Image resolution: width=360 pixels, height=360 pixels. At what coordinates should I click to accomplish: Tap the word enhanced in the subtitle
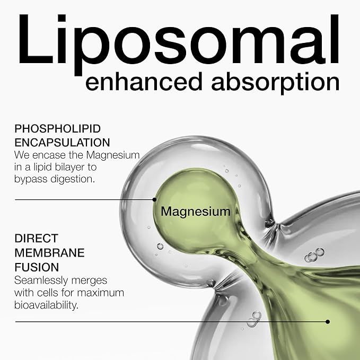pos(144,82)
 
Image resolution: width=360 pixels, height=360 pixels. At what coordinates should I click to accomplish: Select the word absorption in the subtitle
pos(275,83)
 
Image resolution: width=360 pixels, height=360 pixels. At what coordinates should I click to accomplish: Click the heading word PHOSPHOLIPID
pos(58,128)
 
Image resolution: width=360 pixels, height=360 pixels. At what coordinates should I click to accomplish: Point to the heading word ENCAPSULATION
pos(62,143)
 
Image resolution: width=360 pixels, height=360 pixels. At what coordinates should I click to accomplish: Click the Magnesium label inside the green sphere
pos(196,212)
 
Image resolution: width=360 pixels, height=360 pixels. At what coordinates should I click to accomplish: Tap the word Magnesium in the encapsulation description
pos(113,155)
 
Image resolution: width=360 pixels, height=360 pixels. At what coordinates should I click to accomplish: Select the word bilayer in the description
pos(69,167)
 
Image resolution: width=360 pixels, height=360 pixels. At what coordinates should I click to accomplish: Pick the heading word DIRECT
pos(36,238)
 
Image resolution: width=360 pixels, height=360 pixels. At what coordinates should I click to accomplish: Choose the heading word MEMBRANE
pos(50,253)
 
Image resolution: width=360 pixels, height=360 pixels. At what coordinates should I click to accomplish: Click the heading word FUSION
pos(37,267)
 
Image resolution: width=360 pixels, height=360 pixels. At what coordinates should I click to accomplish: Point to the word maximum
pos(101,293)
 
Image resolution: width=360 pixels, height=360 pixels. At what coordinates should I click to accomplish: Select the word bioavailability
pos(46,305)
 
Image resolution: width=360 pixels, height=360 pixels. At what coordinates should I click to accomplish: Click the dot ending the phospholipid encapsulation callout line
pos(154,199)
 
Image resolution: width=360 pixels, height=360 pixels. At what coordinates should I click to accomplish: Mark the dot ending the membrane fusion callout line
pos(328,322)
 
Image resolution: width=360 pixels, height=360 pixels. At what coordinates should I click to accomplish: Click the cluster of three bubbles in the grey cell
pos(314,254)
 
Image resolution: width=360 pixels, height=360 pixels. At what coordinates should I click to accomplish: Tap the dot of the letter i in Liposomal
pos(62,18)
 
